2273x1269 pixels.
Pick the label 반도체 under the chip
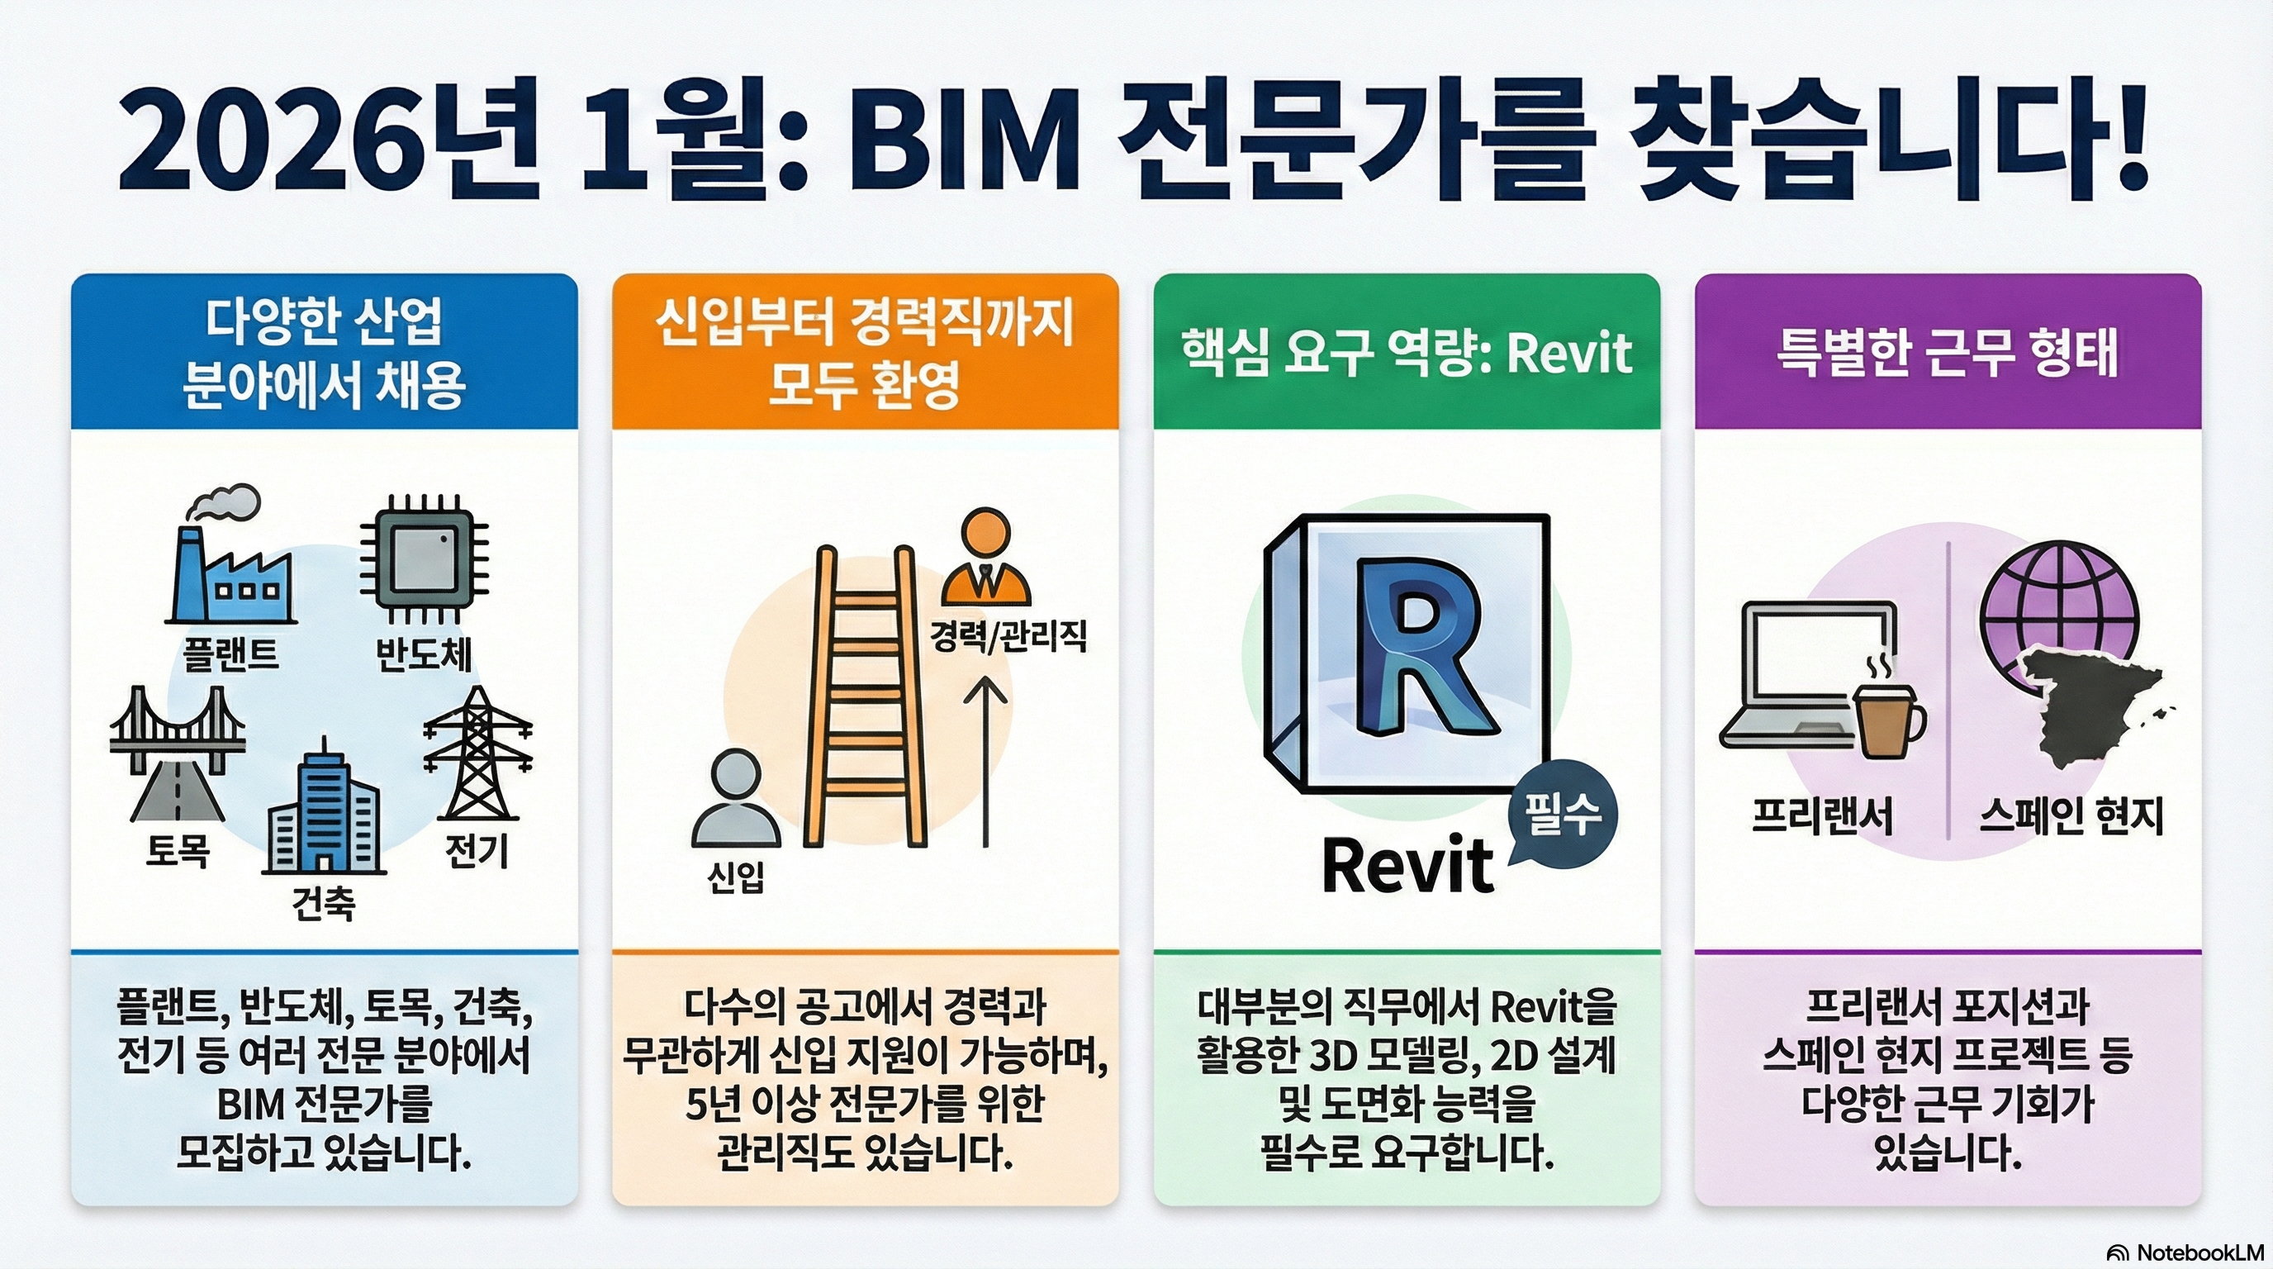tap(424, 654)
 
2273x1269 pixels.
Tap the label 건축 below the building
tap(323, 903)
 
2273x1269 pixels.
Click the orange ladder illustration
tap(865, 697)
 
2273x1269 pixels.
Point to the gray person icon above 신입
tap(735, 799)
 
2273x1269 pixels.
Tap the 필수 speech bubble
tap(1562, 814)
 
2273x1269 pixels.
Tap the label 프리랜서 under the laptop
tap(1823, 815)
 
